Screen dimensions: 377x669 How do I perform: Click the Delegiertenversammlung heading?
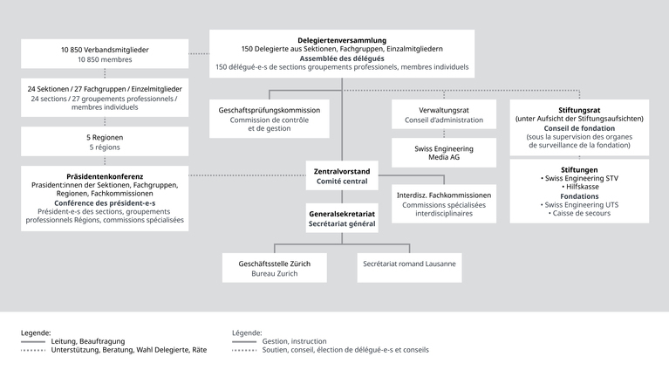342,39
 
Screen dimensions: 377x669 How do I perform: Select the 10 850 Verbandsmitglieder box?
105,55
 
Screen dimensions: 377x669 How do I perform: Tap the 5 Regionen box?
105,142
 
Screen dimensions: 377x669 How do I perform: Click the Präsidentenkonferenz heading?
105,176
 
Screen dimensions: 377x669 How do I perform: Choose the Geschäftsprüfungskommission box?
270,119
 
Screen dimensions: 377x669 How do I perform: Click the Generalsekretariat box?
342,218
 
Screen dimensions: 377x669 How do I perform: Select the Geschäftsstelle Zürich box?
274,268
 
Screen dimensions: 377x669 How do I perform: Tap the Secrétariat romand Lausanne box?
409,264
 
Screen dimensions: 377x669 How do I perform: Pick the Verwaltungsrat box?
444,115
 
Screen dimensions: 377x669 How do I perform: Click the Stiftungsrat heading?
579,110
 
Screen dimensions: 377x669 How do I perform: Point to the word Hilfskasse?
579,187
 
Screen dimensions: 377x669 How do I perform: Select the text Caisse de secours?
579,214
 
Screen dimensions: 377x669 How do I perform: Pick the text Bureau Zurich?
274,273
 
